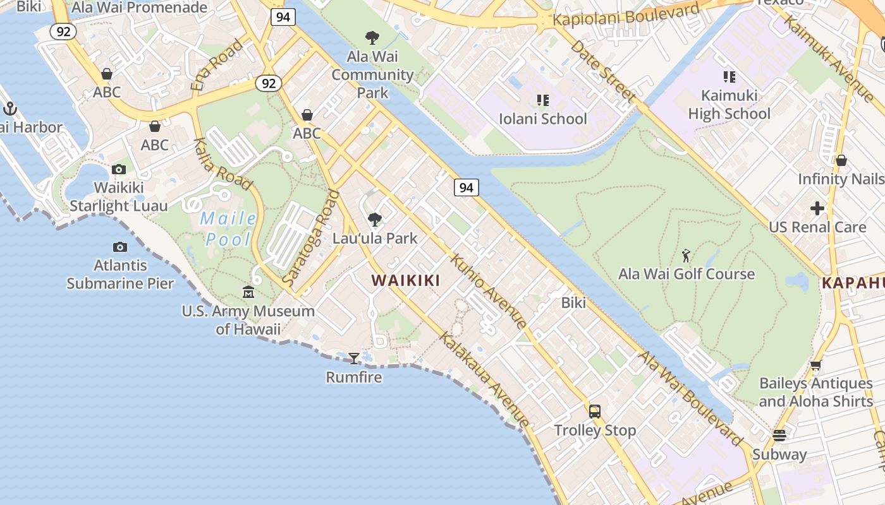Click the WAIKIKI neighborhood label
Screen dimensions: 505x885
[405, 280]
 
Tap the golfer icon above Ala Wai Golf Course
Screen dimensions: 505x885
[686, 256]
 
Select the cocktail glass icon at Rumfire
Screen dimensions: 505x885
[354, 359]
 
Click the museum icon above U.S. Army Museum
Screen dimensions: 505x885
[248, 292]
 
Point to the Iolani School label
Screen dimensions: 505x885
[543, 119]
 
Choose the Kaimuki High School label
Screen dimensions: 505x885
[729, 105]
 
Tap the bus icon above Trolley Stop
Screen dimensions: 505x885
[595, 412]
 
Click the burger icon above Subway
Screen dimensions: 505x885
[779, 436]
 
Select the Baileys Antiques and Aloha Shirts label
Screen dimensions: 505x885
[815, 392]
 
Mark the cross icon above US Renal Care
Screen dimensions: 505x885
[817, 208]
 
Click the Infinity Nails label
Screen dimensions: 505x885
[841, 179]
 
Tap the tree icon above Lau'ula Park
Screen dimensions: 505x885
[375, 220]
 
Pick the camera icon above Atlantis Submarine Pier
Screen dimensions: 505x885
[120, 247]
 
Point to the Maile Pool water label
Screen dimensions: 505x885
[228, 229]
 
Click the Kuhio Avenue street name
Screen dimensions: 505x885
[488, 291]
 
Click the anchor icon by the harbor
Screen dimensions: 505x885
[9, 109]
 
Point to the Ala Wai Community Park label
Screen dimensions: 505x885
[373, 74]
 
